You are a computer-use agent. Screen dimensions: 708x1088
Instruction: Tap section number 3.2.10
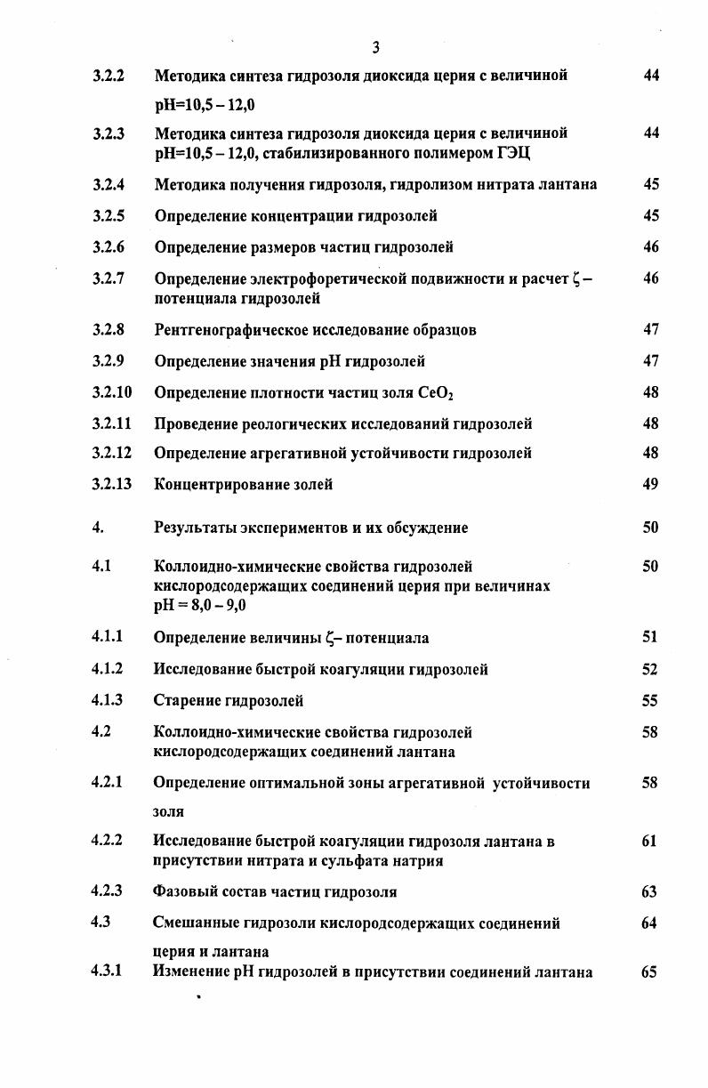(x=111, y=392)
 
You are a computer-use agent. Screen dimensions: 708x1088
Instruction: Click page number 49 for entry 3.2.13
(x=650, y=485)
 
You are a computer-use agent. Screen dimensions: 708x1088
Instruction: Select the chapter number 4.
(x=97, y=528)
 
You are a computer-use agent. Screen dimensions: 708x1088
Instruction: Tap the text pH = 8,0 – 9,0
(x=199, y=606)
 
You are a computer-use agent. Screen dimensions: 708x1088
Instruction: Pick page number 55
(x=650, y=701)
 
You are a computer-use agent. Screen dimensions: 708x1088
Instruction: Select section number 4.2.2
(x=107, y=841)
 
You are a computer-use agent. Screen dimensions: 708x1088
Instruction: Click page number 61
(x=649, y=841)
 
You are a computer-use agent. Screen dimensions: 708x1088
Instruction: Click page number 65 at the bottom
(x=649, y=972)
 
